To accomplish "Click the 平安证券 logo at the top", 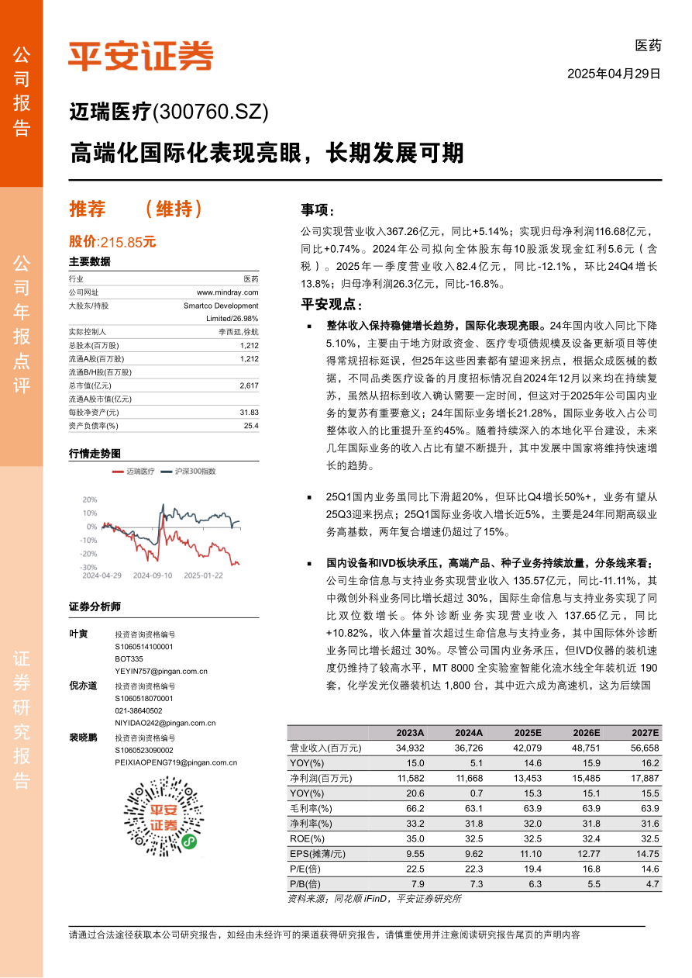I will pyautogui.click(x=140, y=55).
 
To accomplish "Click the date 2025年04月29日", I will pyautogui.click(x=614, y=74).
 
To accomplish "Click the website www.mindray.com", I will pyautogui.click(x=228, y=292).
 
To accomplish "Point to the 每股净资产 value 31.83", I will pyautogui.click(x=250, y=413).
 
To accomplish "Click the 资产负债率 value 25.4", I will pyautogui.click(x=251, y=426).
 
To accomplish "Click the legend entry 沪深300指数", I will pyautogui.click(x=195, y=471).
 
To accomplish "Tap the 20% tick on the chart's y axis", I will pyautogui.click(x=89, y=500).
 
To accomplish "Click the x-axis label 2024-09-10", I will pyautogui.click(x=151, y=575).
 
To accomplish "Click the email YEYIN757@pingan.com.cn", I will pyautogui.click(x=161, y=671).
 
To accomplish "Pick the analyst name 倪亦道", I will pyautogui.click(x=83, y=686).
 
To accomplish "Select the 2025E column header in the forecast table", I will pyautogui.click(x=528, y=733).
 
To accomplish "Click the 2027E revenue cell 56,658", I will pyautogui.click(x=645, y=748).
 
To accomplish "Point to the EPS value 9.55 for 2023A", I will pyautogui.click(x=415, y=854).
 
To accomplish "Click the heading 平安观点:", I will pyautogui.click(x=331, y=304).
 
